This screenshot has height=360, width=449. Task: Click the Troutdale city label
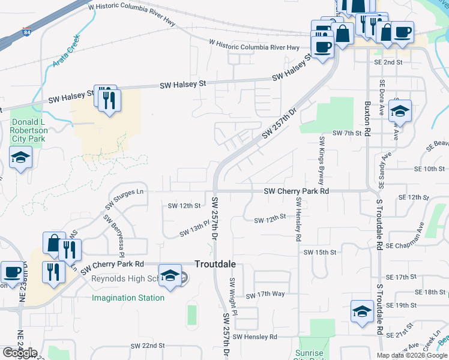[215, 264]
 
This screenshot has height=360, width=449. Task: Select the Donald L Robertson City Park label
[28, 130]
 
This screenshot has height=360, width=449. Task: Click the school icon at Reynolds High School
[170, 276]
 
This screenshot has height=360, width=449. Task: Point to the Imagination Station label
[128, 298]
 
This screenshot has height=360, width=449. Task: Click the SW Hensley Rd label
[256, 337]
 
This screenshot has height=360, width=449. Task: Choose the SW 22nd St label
[148, 346]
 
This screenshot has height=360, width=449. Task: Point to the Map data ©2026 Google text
[411, 355]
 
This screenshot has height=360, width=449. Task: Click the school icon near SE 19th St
[362, 311]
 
